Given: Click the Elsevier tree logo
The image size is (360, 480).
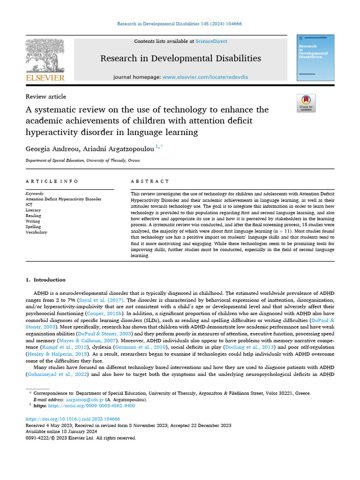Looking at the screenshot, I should click(45, 55).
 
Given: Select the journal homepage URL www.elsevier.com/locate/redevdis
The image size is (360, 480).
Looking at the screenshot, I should click(205, 76).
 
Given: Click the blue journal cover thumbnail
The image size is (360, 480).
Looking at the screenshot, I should click(315, 57).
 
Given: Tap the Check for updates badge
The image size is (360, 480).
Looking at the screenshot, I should click(306, 103).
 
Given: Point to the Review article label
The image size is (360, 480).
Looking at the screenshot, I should click(45, 97).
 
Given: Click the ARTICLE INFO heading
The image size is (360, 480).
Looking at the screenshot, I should click(52, 181).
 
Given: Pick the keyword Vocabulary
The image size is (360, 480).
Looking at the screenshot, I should click(36, 232).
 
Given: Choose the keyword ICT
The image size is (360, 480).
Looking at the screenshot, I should click(29, 205).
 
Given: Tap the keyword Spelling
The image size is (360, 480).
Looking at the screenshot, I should click(33, 227).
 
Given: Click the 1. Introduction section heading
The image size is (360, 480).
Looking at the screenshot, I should click(45, 280).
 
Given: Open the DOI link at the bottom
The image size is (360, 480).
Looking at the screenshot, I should click(73, 419).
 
